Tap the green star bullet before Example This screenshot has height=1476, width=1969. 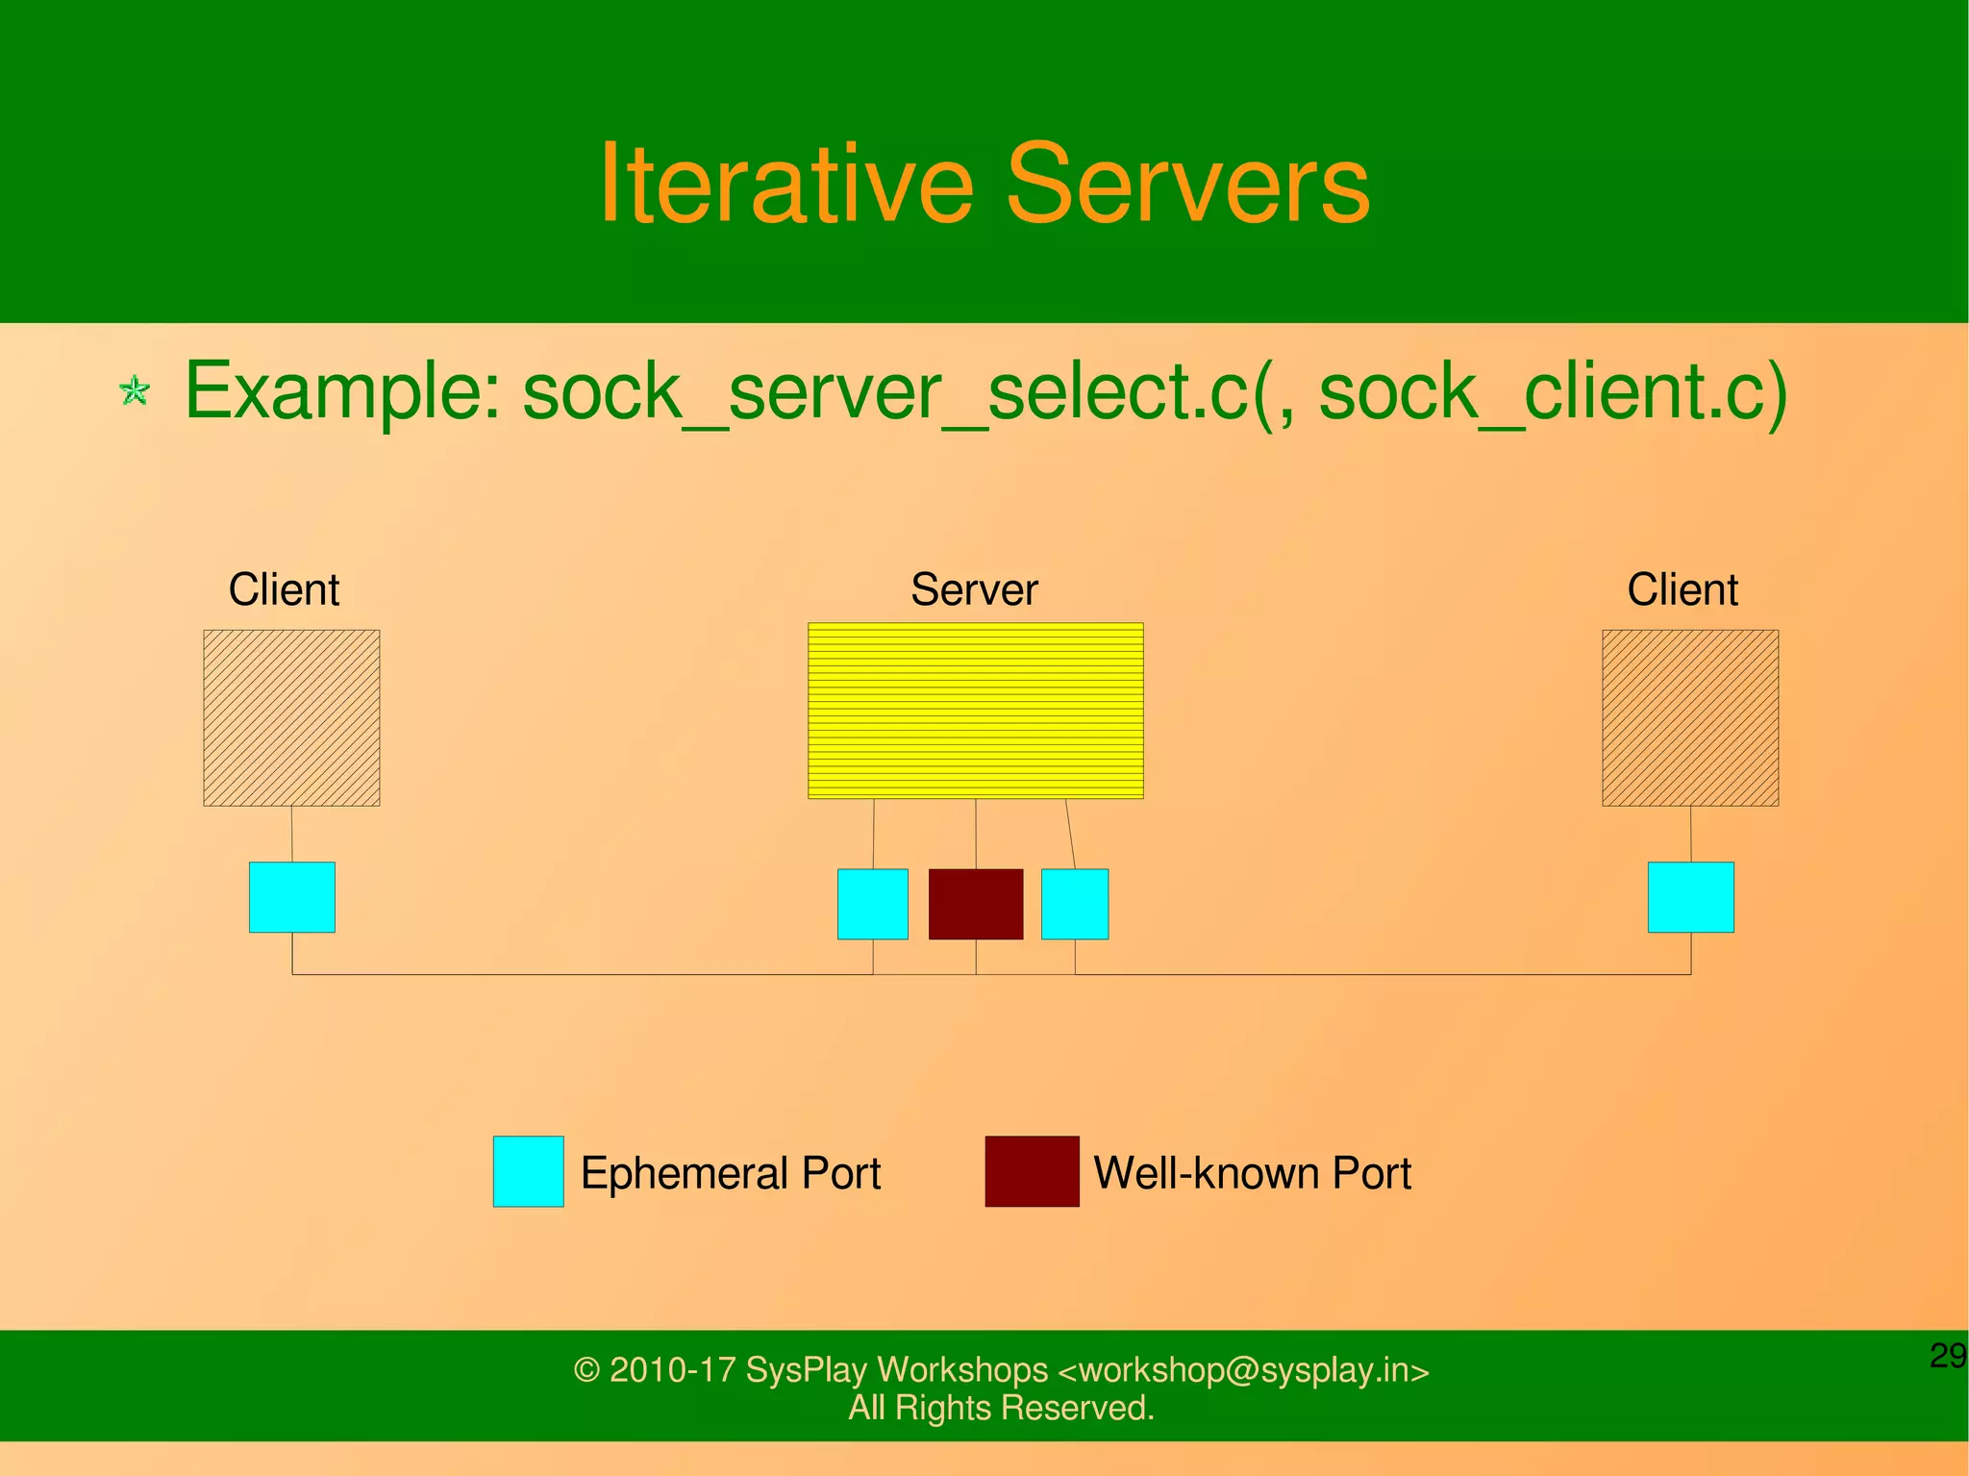pyautogui.click(x=135, y=391)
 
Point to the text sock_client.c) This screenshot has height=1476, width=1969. pyautogui.click(x=1552, y=391)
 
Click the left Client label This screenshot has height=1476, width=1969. pyautogui.click(x=284, y=589)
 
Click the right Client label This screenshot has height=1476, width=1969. pyautogui.click(x=1682, y=589)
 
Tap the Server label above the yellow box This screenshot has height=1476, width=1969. pyautogui.click(x=974, y=589)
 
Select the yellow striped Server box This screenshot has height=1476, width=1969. pyautogui.click(x=975, y=711)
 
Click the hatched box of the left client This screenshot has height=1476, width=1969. pyautogui.click(x=291, y=717)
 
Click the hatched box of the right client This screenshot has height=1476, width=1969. pyautogui.click(x=1689, y=717)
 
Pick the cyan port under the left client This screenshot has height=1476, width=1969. pyautogui.click(x=291, y=897)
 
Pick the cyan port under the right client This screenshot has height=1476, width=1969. pyautogui.click(x=1690, y=897)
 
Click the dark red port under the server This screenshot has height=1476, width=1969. pyautogui.click(x=975, y=904)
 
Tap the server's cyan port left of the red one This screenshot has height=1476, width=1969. pyautogui.click(x=872, y=904)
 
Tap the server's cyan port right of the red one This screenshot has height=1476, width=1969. pyautogui.click(x=1074, y=904)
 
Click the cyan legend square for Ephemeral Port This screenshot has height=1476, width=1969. pyautogui.click(x=528, y=1171)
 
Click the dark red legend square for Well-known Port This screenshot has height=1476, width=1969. pyautogui.click(x=1032, y=1171)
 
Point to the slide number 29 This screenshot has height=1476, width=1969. pyautogui.click(x=1947, y=1356)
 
